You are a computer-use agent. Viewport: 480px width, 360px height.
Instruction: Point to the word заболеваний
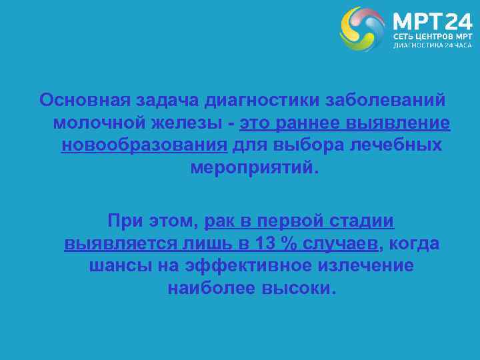coord(387,100)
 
